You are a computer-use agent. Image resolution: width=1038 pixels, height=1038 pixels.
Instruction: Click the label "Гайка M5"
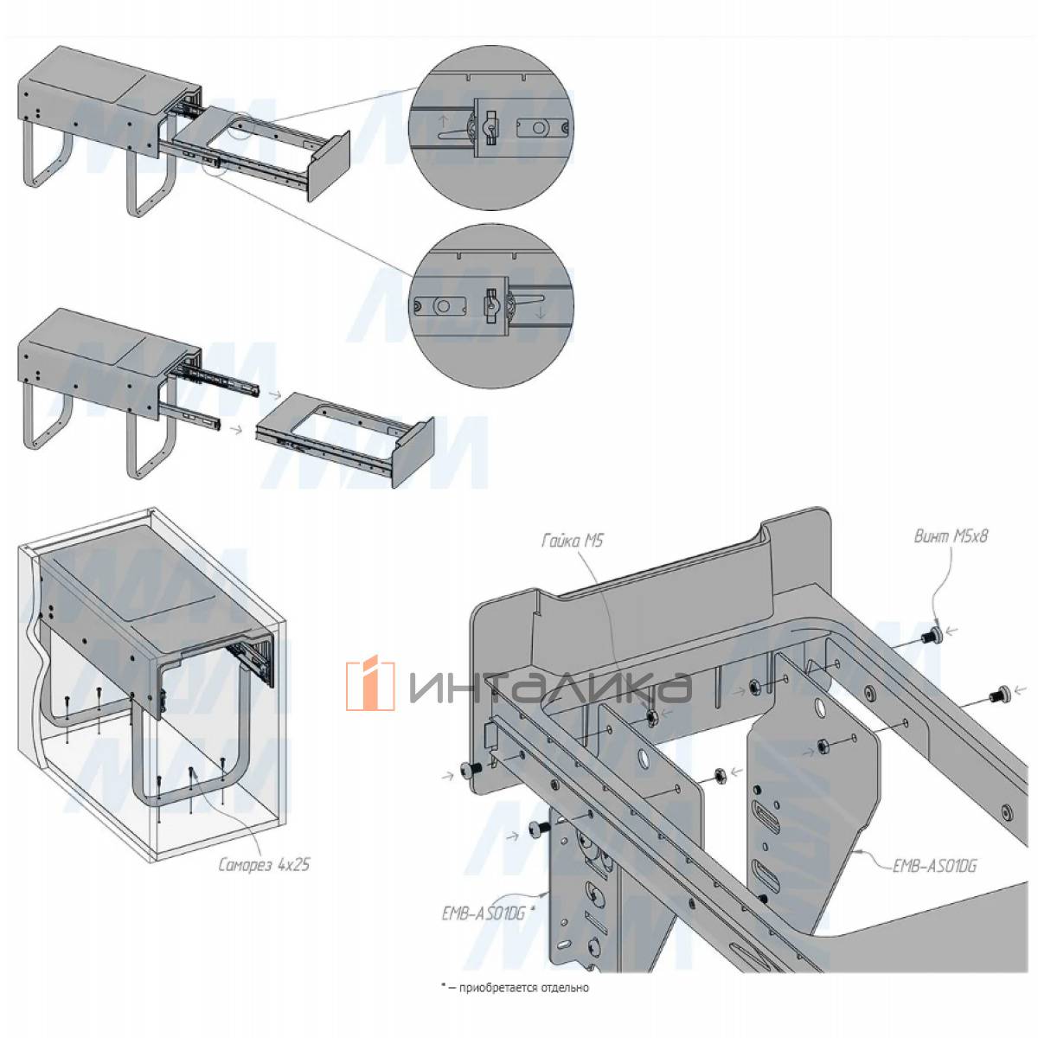coord(573,541)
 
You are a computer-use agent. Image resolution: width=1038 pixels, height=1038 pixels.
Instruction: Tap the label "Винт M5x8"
coord(951,536)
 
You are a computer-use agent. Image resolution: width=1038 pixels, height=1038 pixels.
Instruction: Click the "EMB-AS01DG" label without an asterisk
coord(934,866)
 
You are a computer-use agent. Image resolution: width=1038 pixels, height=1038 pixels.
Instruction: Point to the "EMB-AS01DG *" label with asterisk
coord(489,914)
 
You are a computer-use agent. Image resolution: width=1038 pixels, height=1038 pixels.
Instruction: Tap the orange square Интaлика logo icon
coord(370,682)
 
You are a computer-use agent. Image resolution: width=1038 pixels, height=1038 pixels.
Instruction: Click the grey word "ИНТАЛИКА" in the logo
coord(550,687)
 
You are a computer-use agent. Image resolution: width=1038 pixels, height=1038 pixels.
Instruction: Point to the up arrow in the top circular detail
coord(443,120)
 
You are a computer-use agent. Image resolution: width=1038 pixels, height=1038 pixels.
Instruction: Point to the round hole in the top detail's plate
coord(538,128)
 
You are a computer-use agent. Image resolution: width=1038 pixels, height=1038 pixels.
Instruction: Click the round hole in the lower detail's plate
coord(443,306)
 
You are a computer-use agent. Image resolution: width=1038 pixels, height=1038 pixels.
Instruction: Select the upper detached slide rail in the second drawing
coord(218,377)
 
